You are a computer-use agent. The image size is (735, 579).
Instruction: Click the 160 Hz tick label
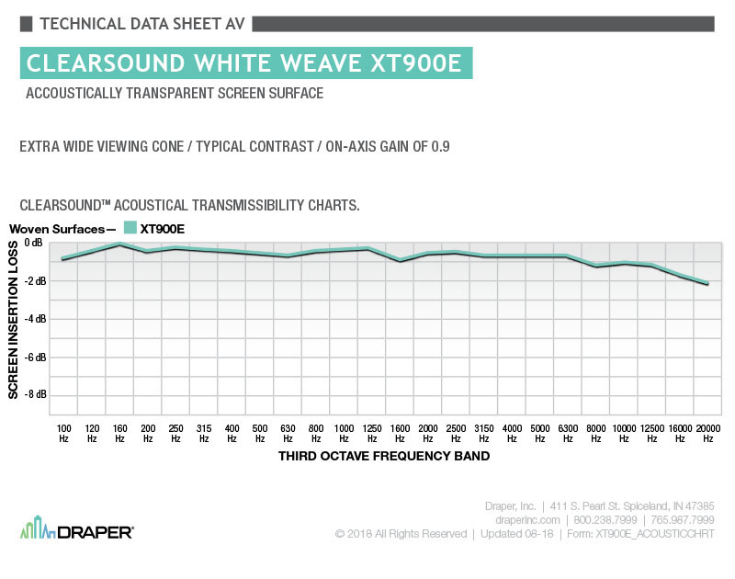119,434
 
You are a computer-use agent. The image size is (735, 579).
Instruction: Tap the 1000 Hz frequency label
344,434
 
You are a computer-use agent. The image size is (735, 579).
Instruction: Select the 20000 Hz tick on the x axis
707,434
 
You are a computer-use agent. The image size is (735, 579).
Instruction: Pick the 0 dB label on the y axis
34,243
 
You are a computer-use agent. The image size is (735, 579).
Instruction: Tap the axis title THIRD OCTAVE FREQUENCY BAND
384,456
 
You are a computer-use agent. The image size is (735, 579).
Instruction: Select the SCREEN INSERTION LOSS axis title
13,320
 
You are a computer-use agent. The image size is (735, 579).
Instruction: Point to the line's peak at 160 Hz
119,244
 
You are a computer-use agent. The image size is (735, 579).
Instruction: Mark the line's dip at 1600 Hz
400,261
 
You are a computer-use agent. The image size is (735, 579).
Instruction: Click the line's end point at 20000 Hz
707,284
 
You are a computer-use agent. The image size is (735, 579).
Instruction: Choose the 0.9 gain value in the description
440,147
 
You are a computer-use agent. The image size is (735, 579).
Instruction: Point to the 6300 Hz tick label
568,434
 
